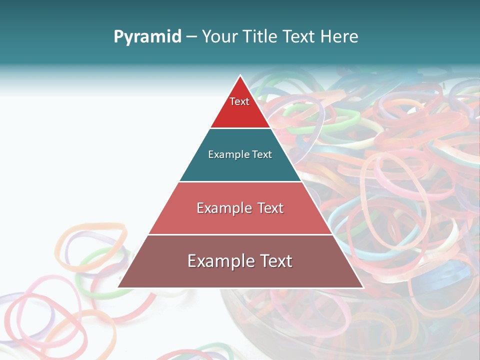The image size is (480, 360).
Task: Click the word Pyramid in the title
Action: [147, 37]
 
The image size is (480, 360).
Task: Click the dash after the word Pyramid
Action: [191, 37]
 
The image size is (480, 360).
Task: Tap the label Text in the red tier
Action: [239, 101]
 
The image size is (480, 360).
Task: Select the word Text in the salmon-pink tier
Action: [271, 208]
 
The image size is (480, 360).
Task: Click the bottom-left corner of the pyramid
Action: [118, 287]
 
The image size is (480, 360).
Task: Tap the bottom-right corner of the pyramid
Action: [363, 287]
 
